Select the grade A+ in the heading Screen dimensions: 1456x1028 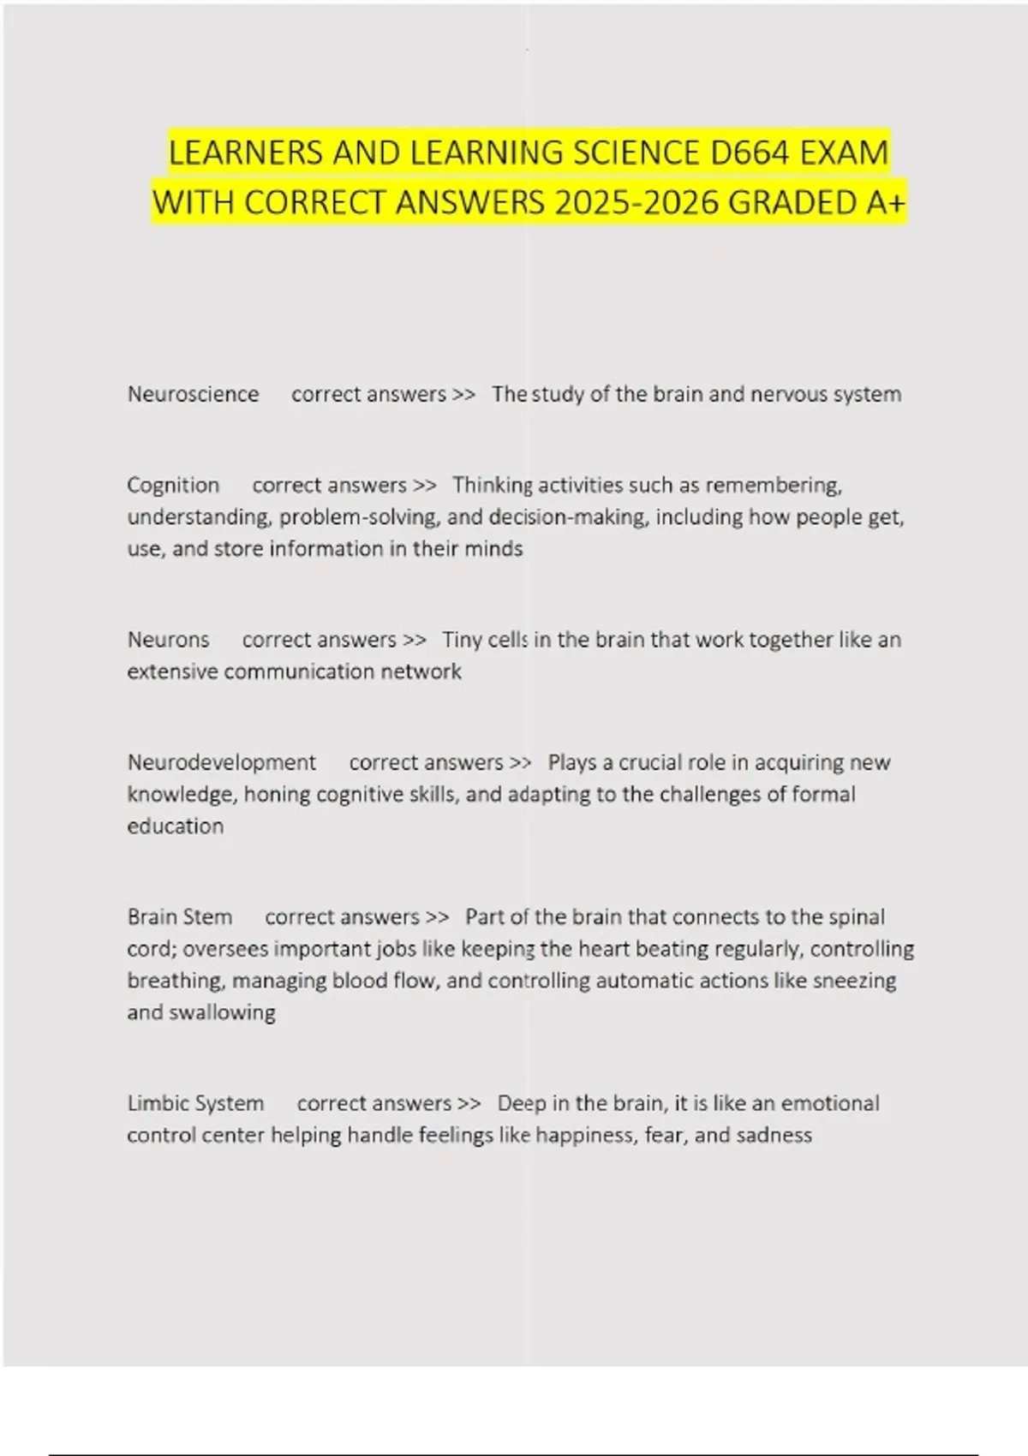(x=887, y=203)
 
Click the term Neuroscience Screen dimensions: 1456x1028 (x=193, y=394)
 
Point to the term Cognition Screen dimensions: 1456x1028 (x=173, y=485)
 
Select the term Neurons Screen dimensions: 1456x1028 (x=168, y=640)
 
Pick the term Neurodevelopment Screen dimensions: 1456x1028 (x=221, y=762)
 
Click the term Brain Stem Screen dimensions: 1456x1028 (x=180, y=916)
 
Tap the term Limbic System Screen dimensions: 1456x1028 (x=195, y=1103)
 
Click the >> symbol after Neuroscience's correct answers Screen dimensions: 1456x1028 (x=463, y=394)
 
